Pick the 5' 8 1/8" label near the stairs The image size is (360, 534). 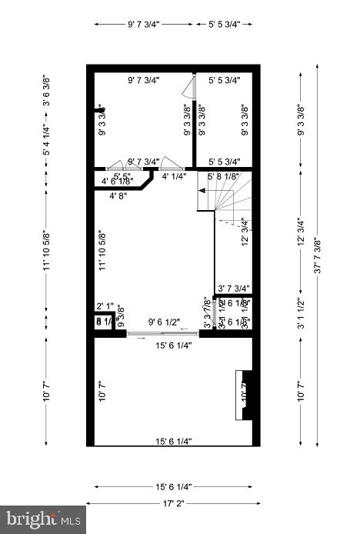224,176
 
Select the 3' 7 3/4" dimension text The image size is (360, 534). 234,289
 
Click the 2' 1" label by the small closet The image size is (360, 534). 105,306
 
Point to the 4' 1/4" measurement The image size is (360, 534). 174,176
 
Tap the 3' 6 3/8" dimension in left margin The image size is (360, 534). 47,90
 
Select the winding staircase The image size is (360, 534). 231,204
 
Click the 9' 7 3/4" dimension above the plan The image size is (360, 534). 144,24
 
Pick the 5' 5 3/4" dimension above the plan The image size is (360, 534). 225,24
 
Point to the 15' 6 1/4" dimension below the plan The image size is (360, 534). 173,487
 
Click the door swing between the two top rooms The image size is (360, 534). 192,87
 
